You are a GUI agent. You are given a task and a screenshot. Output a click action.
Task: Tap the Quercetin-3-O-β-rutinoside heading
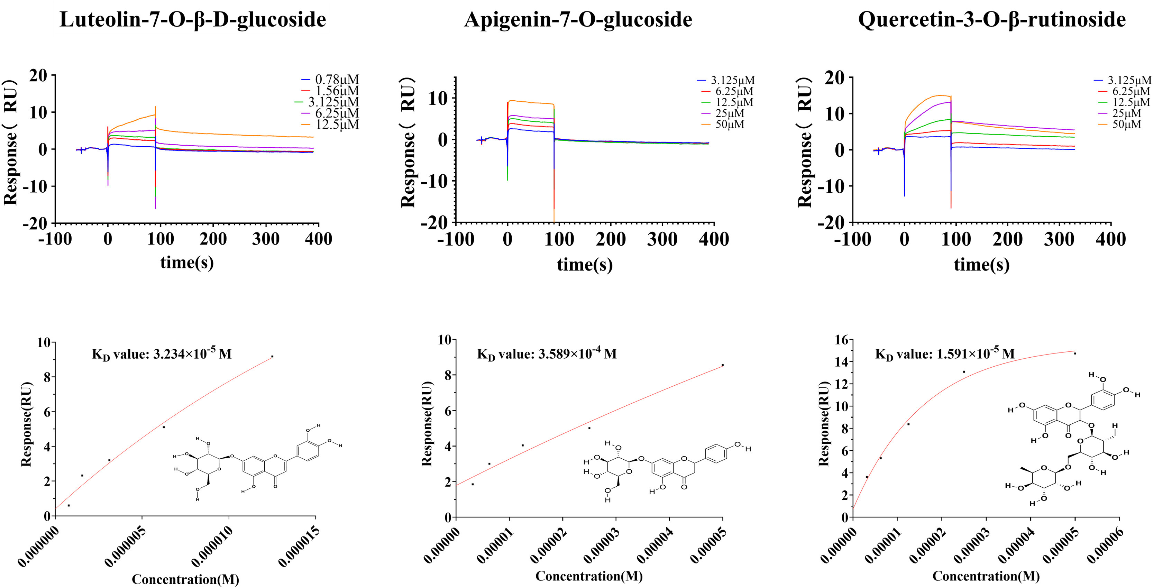pos(991,20)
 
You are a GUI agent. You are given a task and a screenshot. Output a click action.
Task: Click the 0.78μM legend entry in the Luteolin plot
pos(337,80)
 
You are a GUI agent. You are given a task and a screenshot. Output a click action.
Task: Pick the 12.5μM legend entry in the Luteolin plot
pos(337,125)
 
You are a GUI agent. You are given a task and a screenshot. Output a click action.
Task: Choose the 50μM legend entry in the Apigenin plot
pos(730,125)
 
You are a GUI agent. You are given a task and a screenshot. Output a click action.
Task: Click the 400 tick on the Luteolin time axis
pos(318,239)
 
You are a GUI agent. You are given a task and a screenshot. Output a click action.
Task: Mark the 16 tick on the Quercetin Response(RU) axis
pos(841,340)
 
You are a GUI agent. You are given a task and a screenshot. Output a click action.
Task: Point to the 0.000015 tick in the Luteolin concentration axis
pos(299,546)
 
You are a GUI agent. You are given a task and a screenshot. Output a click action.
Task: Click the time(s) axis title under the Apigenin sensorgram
pos(585,265)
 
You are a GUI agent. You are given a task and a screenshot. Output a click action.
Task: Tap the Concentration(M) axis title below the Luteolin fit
pos(185,579)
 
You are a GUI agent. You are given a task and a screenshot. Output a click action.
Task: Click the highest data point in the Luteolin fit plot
pos(272,357)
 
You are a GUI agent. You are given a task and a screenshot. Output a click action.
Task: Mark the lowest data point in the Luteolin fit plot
pos(68,506)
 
